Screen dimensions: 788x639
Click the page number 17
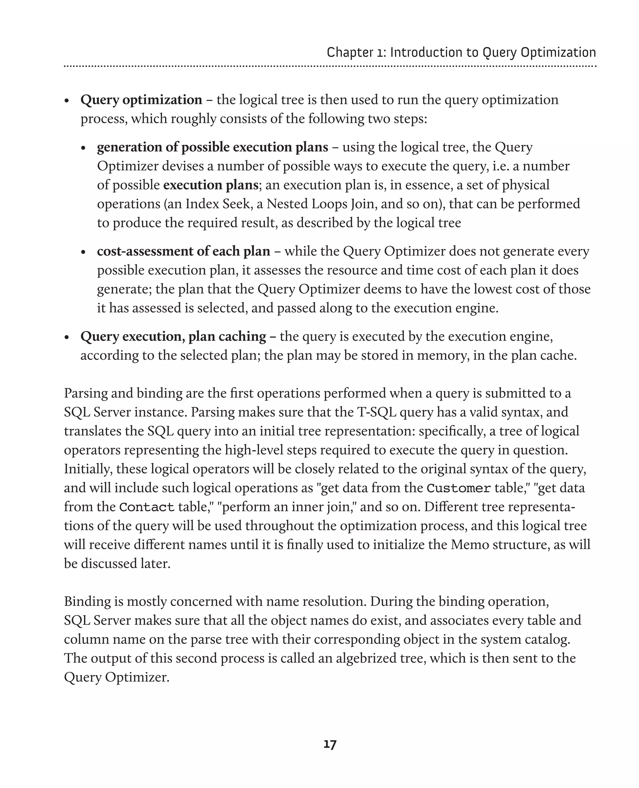[x=330, y=745]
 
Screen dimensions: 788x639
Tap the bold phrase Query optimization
[x=141, y=100]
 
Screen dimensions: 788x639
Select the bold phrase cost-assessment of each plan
[x=183, y=251]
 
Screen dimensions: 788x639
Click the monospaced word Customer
[x=459, y=488]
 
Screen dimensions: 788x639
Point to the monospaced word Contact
[x=147, y=507]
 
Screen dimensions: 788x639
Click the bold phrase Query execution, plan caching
[x=173, y=336]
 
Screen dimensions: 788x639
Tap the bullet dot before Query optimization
[x=67, y=101]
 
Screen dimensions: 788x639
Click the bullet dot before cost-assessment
[x=83, y=252]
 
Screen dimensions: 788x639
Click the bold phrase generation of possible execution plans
[x=212, y=147]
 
